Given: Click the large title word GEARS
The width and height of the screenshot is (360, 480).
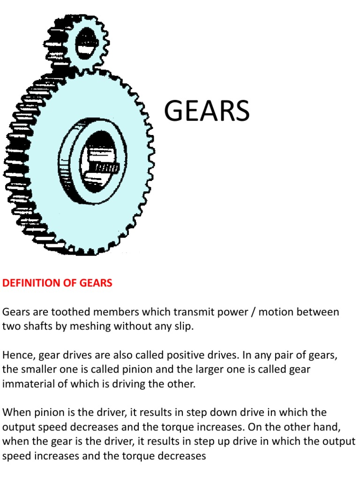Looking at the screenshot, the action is pyautogui.click(x=206, y=112).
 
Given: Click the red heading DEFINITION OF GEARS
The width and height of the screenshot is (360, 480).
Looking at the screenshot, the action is pyautogui.click(x=57, y=283).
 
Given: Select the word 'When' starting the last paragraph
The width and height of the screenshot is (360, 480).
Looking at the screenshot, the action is pyautogui.click(x=15, y=412).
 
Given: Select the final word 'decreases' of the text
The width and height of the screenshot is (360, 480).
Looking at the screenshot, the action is pyautogui.click(x=183, y=455).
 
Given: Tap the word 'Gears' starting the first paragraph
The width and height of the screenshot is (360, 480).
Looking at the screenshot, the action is pyautogui.click(x=15, y=312).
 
